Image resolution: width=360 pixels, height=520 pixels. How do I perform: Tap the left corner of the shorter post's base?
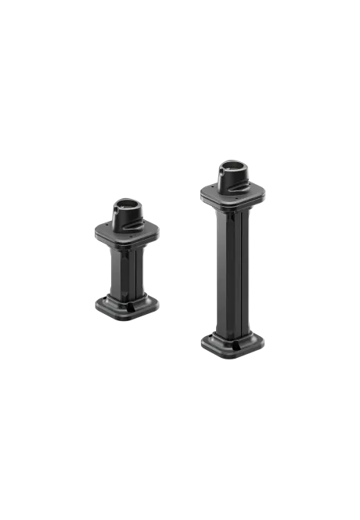(96, 305)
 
